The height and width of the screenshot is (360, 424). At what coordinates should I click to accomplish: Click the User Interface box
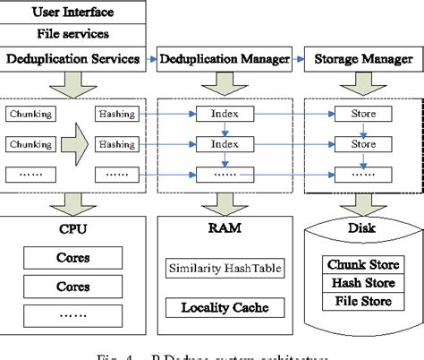point(73,13)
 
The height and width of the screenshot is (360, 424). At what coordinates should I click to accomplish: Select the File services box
point(73,35)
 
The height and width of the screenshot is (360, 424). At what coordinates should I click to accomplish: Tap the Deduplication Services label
point(72,59)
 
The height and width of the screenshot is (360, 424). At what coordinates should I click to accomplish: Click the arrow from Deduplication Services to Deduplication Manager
point(151,59)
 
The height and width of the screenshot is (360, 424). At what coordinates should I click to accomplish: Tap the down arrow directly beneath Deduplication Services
point(72,84)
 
